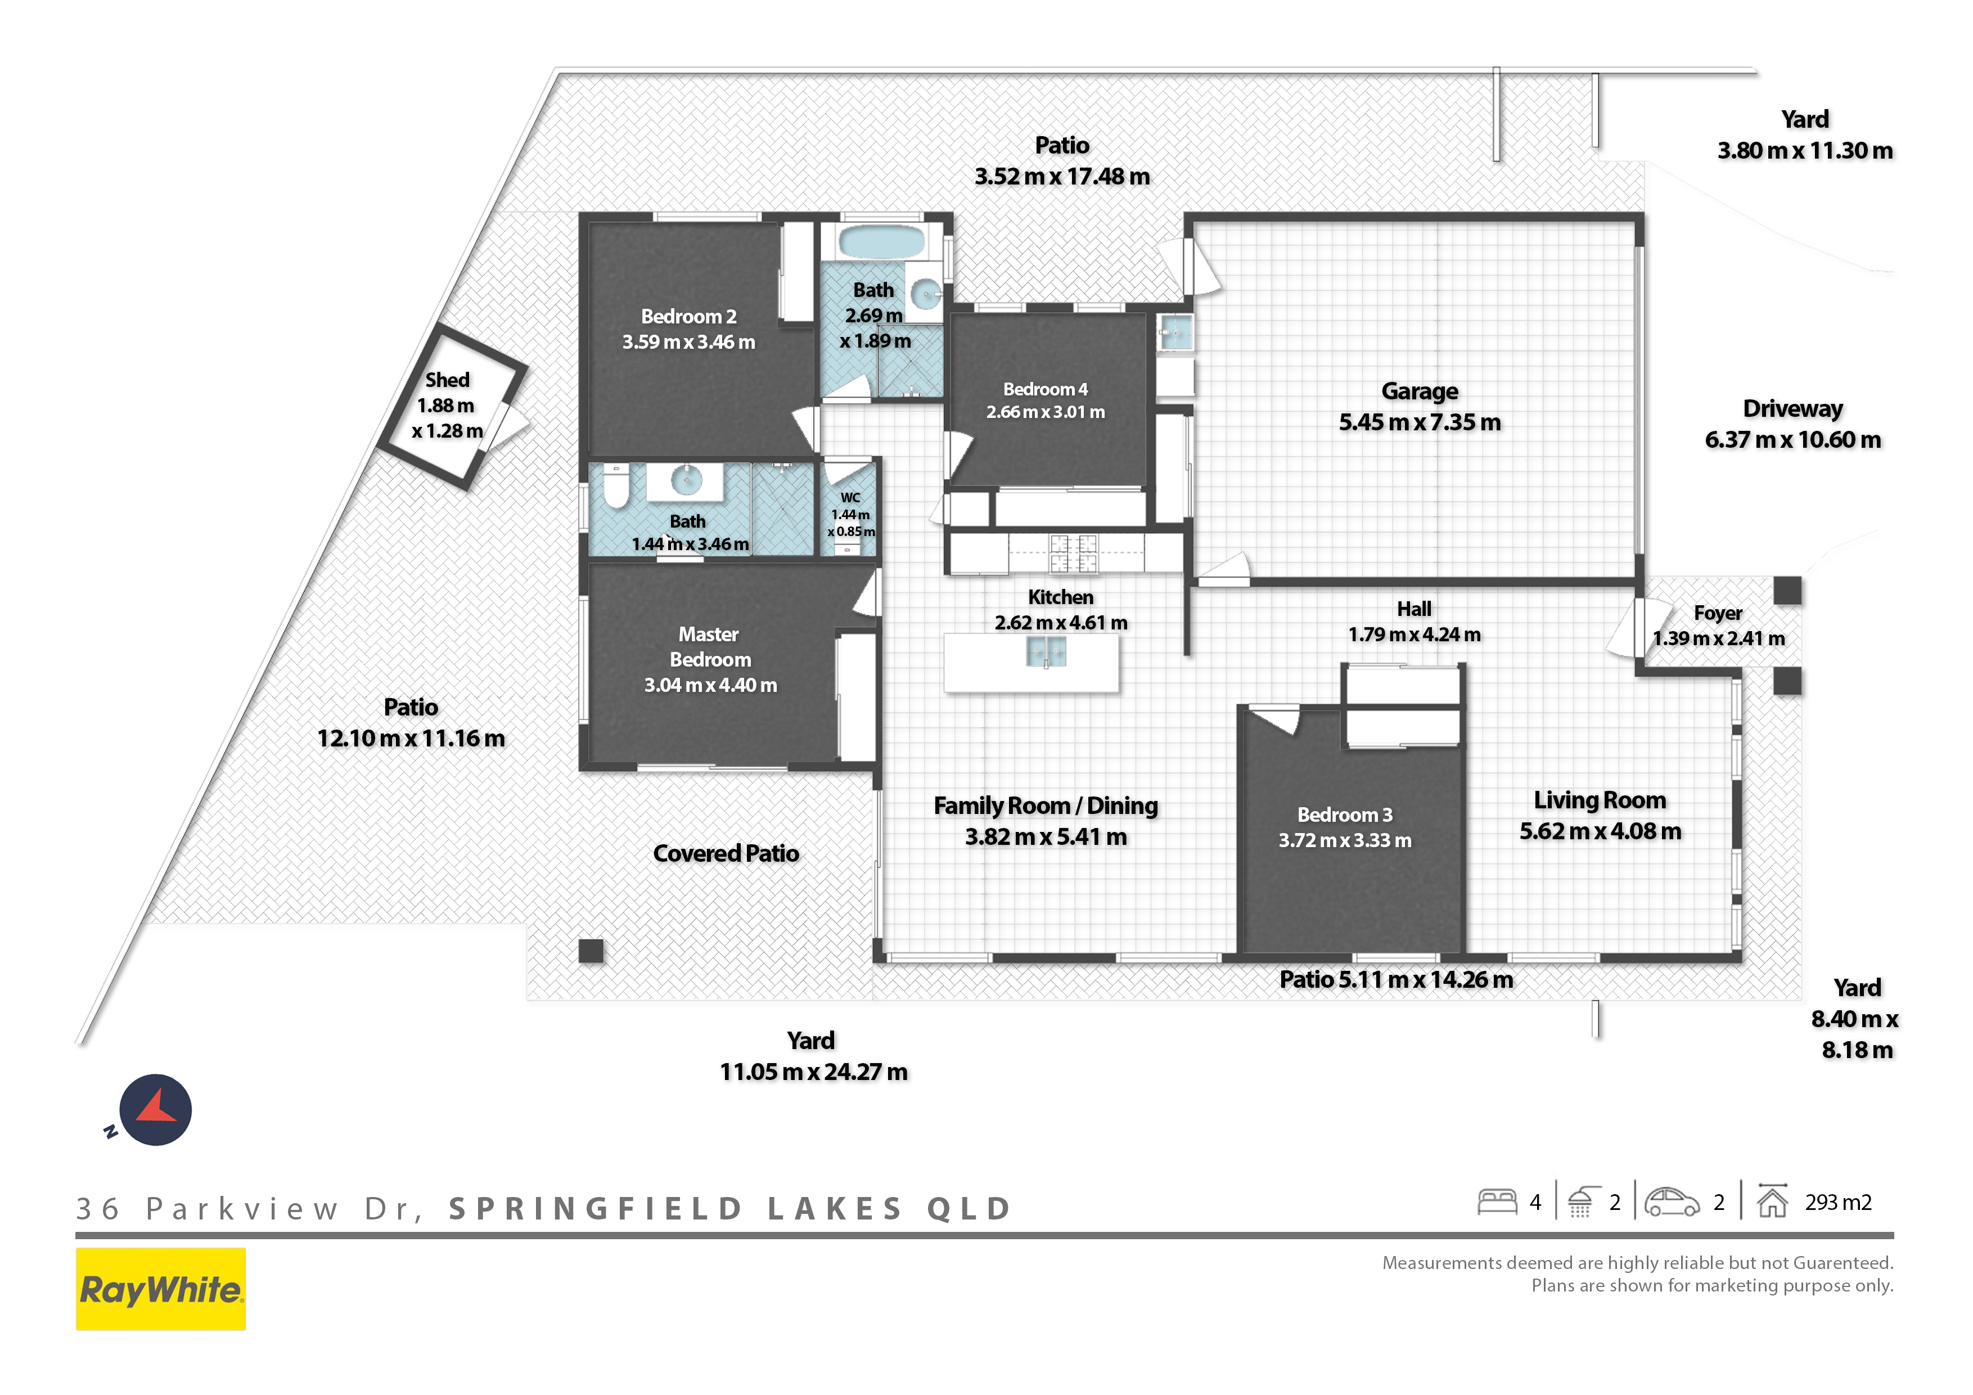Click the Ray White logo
(161, 1289)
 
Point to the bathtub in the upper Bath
(882, 241)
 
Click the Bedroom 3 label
(1345, 815)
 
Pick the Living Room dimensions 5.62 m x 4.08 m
(1600, 831)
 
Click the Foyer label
(1718, 613)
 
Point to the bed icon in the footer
(1497, 1201)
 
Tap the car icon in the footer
(1672, 1201)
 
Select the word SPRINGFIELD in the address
(596, 1208)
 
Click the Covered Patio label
(726, 853)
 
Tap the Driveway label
(1792, 408)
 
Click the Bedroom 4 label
(1045, 389)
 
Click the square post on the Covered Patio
(591, 951)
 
